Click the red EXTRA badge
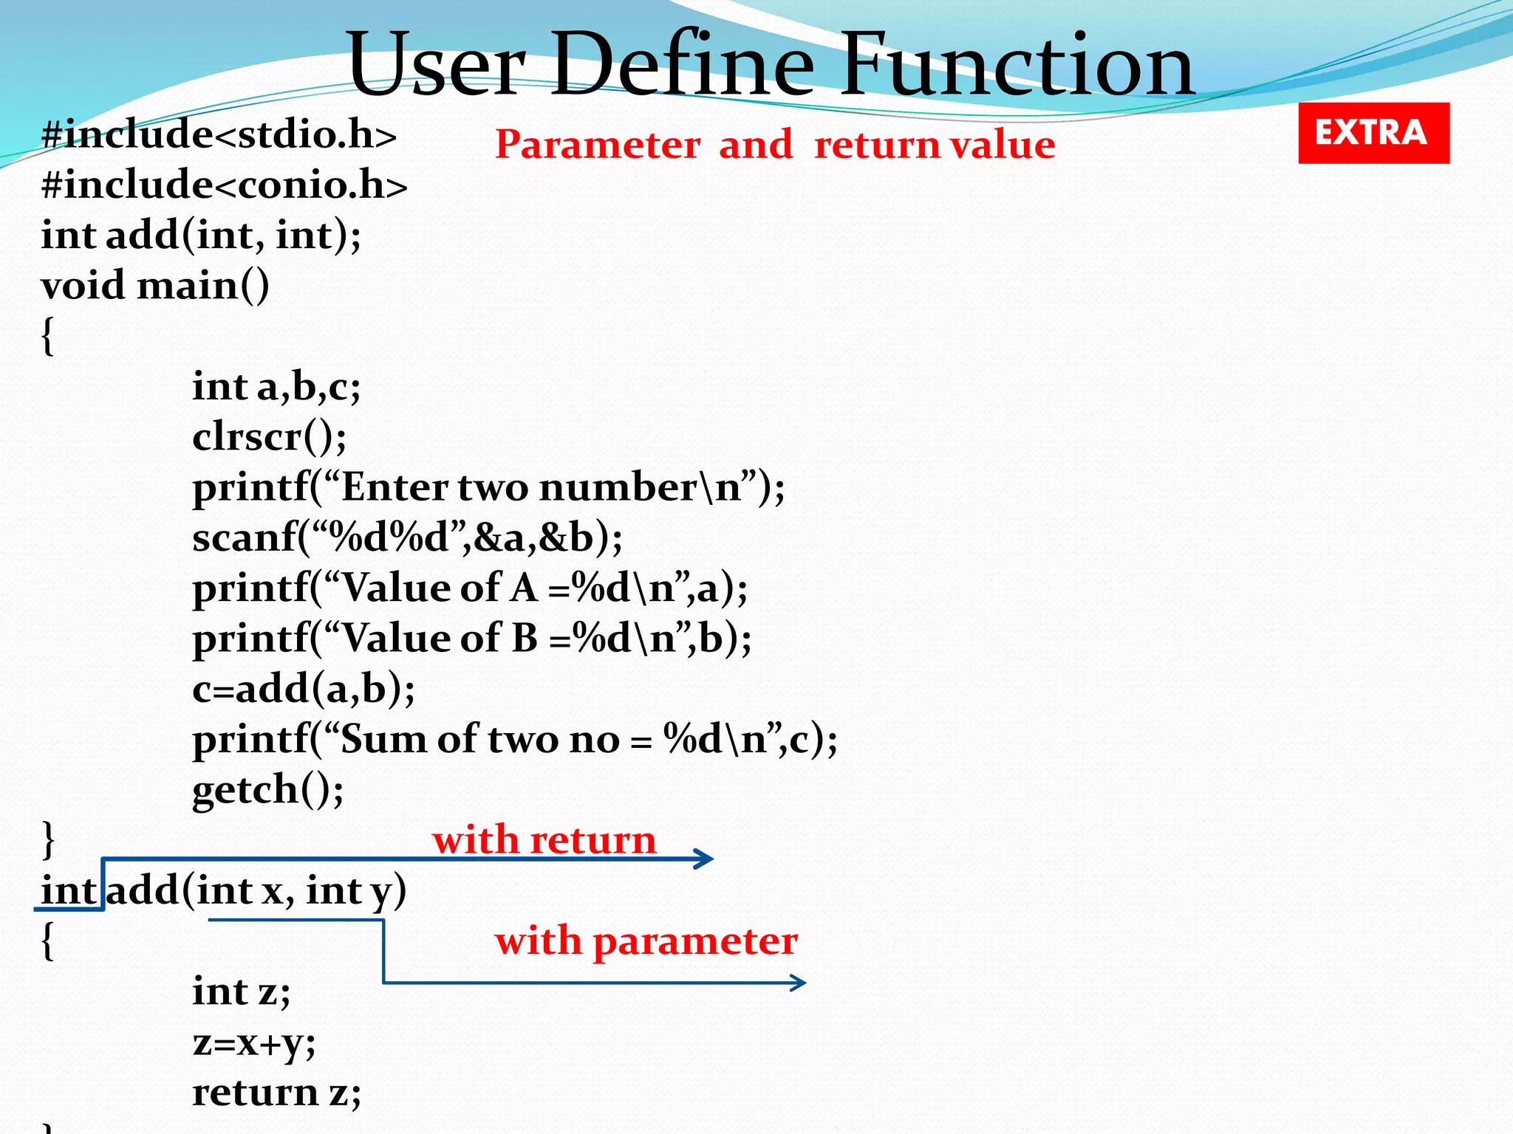1373,133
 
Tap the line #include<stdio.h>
219,135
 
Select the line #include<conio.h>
224,185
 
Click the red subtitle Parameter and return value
774,144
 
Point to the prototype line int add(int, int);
201,236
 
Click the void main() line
155,286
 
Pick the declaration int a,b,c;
276,386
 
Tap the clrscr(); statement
269,437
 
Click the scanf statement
407,537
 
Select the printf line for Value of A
470,588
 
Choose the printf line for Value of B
471,639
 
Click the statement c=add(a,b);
303,689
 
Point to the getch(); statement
267,790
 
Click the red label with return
544,840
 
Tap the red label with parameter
646,941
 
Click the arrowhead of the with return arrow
706,859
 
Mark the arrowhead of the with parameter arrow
799,983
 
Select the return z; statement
276,1093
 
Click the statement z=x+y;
253,1042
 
